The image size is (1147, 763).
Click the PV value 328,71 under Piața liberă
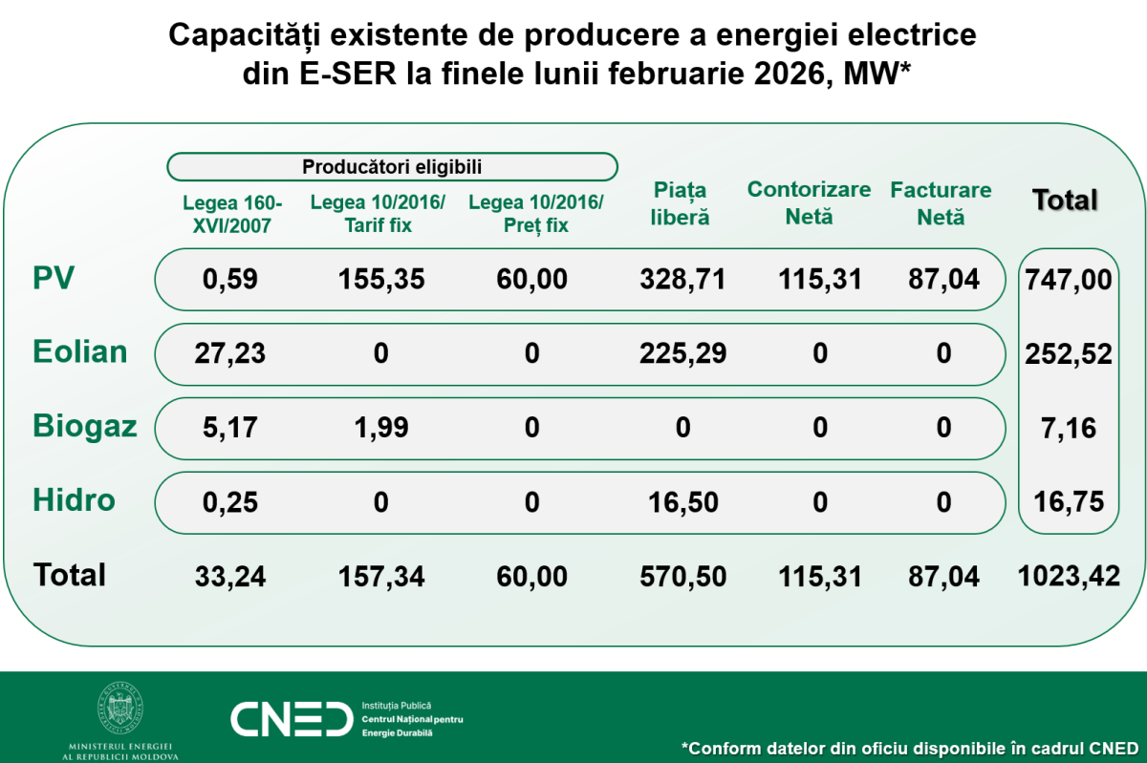click(x=682, y=279)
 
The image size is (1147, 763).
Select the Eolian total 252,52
click(x=1069, y=354)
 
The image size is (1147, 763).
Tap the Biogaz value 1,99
click(x=380, y=427)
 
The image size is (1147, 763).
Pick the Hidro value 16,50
click(x=682, y=501)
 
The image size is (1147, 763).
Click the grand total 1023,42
click(x=1068, y=576)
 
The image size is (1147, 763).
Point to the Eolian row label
click(x=80, y=351)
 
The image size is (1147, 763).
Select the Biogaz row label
click(x=85, y=426)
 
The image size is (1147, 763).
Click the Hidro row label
click(x=74, y=499)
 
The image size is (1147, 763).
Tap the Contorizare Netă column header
click(x=809, y=202)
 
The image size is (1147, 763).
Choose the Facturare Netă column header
click(x=941, y=203)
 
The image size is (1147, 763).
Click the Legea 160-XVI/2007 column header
click(x=231, y=214)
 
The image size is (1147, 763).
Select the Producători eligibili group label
click(x=392, y=167)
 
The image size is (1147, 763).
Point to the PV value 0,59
click(x=230, y=279)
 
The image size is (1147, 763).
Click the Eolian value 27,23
click(x=230, y=353)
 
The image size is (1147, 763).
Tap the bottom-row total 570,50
click(x=682, y=576)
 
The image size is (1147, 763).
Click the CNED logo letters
click(x=291, y=718)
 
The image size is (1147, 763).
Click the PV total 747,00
click(x=1069, y=280)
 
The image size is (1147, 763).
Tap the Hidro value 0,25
click(x=230, y=501)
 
